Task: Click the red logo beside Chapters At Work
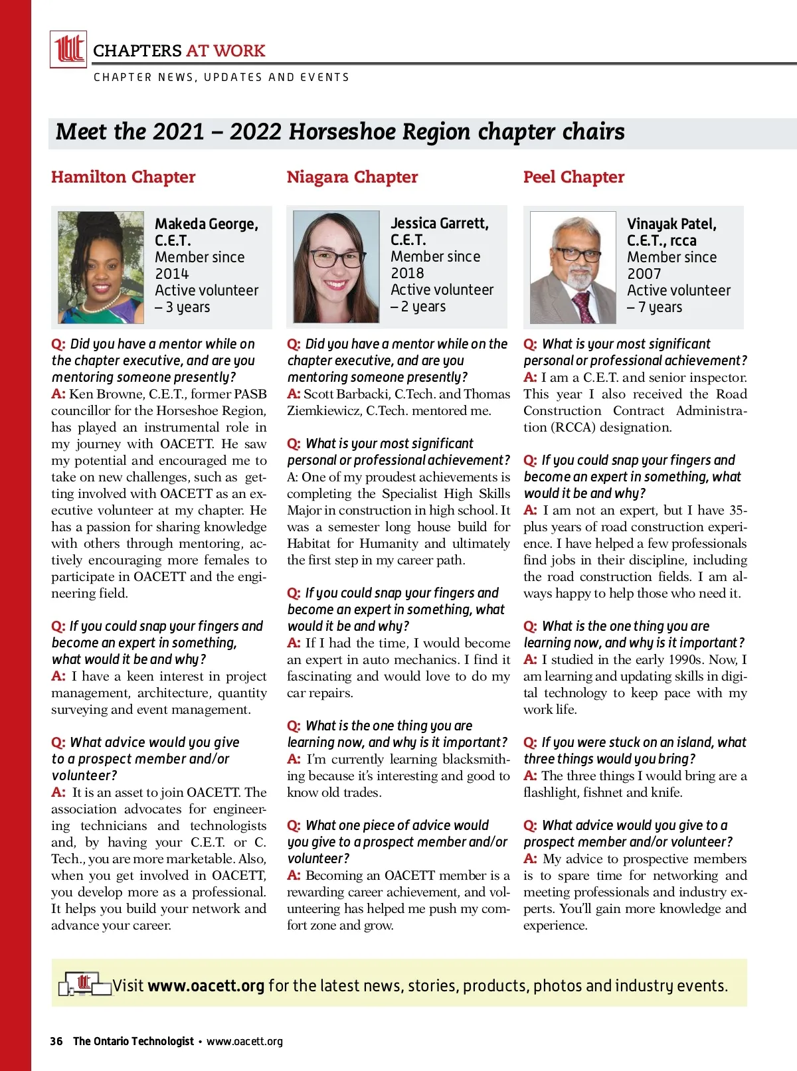click(68, 49)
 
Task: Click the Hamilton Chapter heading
click(123, 177)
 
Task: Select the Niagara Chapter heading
click(352, 177)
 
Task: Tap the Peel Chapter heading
click(574, 177)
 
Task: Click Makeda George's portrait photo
click(101, 267)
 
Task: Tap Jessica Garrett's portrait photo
click(336, 267)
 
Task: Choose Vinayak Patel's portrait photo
click(573, 267)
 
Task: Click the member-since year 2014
click(171, 274)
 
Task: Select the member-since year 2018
click(407, 273)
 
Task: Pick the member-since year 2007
click(644, 274)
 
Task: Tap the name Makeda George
click(206, 224)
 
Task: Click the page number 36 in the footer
click(56, 1041)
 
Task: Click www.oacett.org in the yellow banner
click(206, 985)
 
